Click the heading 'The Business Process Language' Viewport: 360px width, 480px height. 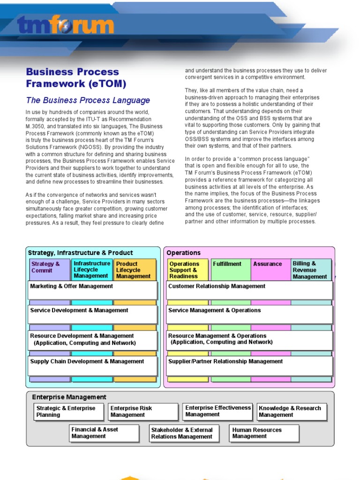tap(88, 100)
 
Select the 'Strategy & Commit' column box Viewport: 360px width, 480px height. tap(49, 269)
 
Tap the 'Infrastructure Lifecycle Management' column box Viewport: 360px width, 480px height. tap(92, 270)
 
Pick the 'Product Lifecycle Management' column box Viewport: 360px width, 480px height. tap(134, 270)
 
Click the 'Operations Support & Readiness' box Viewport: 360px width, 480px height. tap(187, 270)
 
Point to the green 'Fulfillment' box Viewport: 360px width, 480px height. tap(230, 270)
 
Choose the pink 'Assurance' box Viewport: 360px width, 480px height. tap(270, 270)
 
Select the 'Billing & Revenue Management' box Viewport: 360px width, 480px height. tap(311, 270)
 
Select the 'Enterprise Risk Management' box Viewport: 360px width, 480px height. tap(142, 412)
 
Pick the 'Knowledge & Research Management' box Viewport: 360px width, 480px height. tap(291, 412)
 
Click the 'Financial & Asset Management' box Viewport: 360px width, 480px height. tap(104, 433)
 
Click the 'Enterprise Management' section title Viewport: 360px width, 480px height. tap(69, 397)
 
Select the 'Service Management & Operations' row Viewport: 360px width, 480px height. tap(249, 314)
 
